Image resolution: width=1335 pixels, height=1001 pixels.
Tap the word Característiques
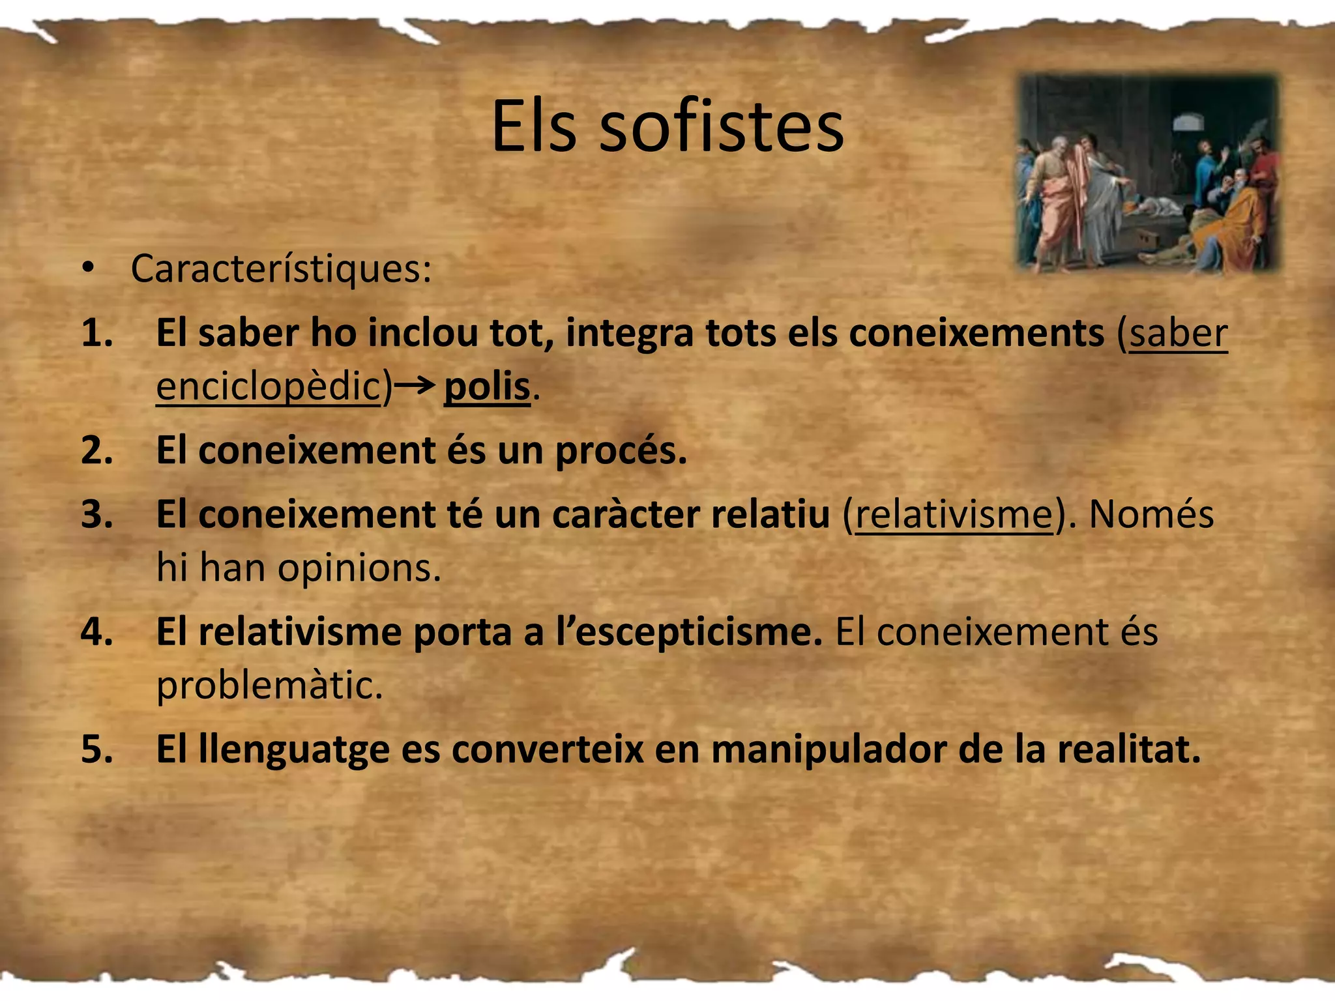point(281,268)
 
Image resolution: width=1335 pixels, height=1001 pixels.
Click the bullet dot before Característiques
point(89,268)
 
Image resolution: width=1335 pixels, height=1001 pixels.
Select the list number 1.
point(96,333)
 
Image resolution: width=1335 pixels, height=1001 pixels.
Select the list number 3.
point(96,515)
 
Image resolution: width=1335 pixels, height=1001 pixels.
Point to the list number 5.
point(96,749)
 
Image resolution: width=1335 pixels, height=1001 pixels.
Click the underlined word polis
point(487,387)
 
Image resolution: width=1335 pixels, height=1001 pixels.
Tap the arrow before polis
point(415,386)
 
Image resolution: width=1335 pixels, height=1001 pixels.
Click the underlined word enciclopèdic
point(268,387)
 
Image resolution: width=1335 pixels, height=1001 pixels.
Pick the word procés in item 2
point(621,451)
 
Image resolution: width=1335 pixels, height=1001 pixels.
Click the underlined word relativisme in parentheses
point(954,515)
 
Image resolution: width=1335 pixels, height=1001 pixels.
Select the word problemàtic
point(269,686)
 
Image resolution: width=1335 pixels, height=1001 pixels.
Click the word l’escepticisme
point(689,632)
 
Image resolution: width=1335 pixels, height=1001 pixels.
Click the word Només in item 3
point(1151,515)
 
